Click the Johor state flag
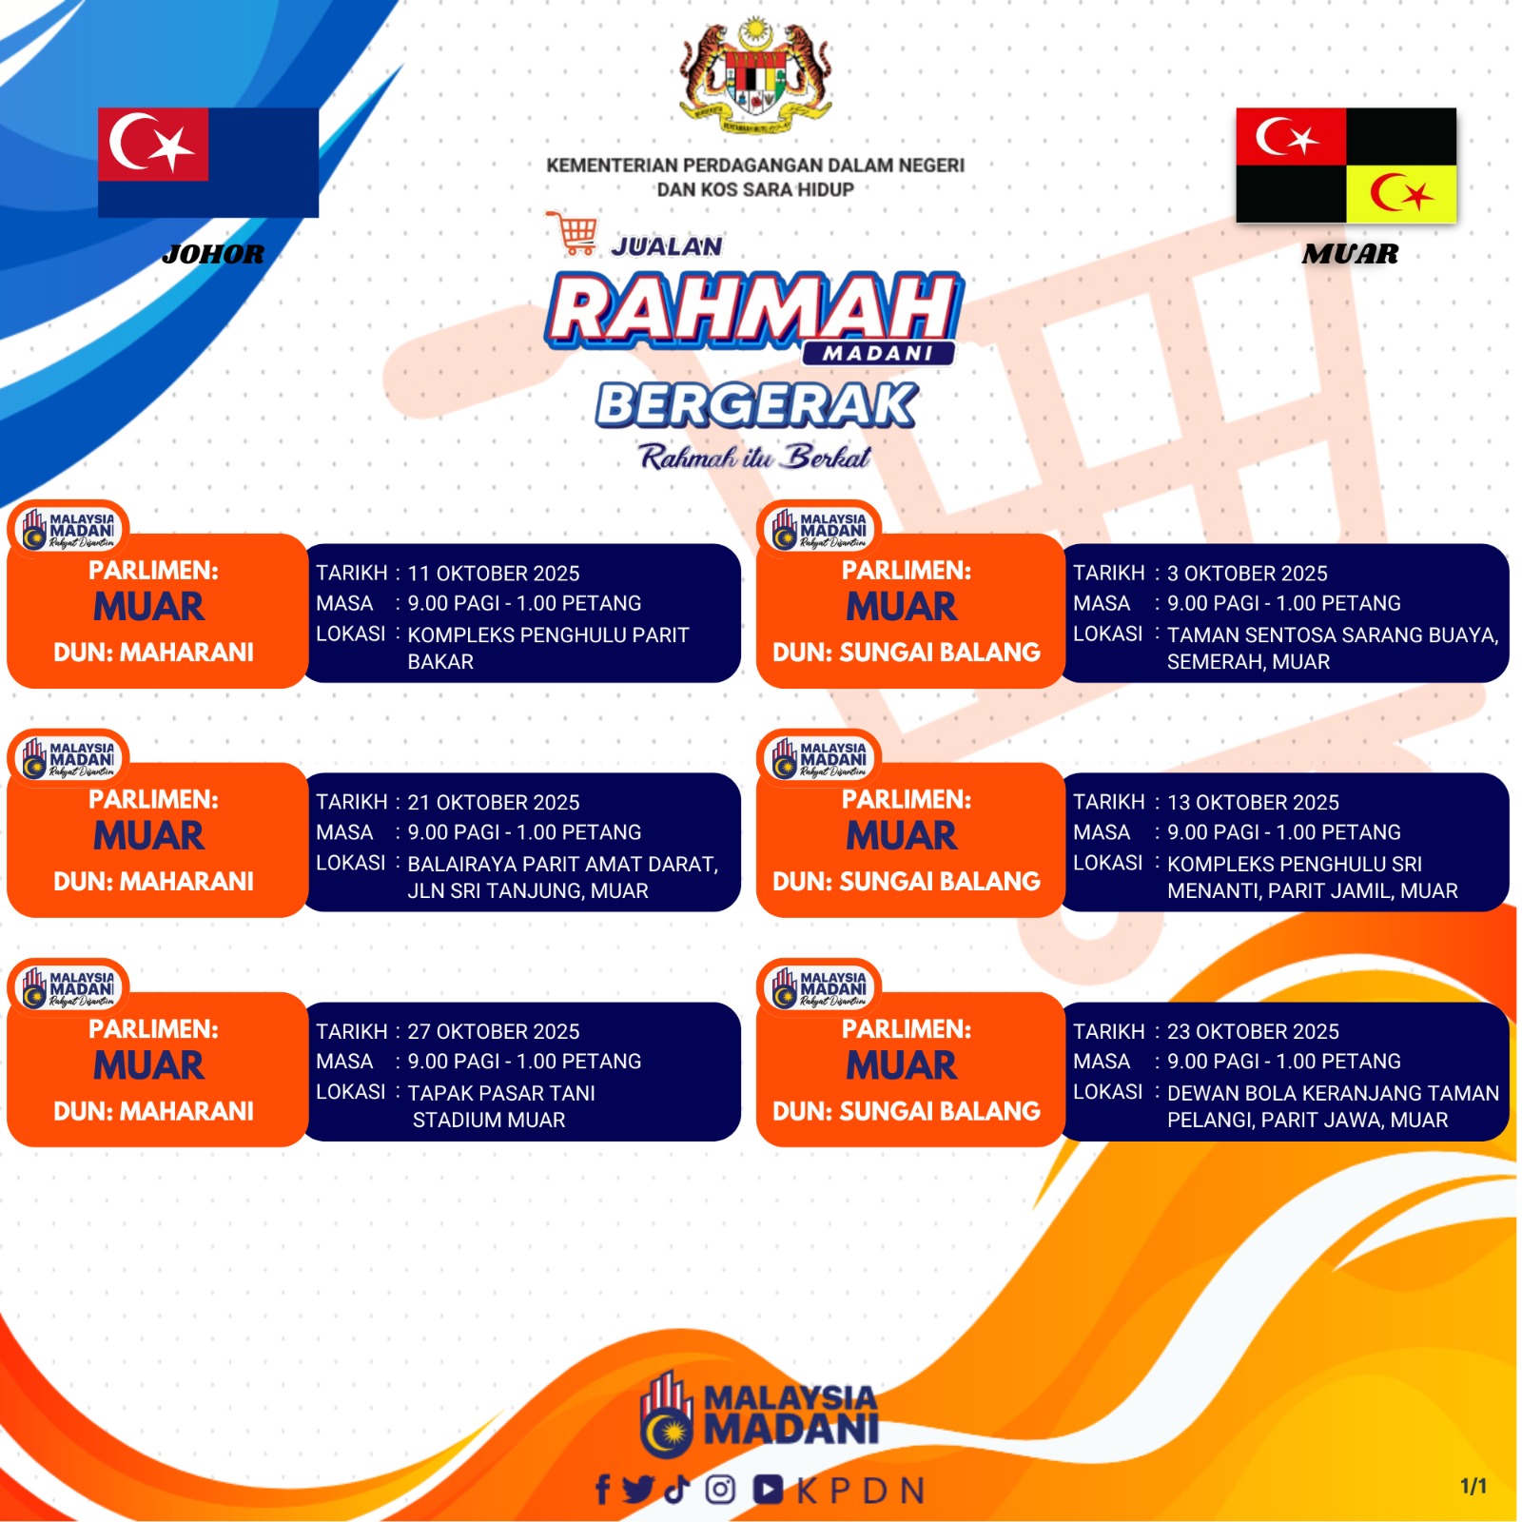coord(208,163)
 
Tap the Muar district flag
coord(1346,166)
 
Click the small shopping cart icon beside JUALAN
coord(573,234)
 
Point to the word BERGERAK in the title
coord(757,405)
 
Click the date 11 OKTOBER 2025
coord(494,574)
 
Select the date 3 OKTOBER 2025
coord(1247,574)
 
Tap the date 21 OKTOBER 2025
coord(494,803)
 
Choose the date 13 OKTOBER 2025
coord(1253,803)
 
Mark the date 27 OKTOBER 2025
coord(494,1032)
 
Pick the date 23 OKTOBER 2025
coord(1253,1032)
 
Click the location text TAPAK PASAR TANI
coord(501,1094)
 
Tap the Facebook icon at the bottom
coord(602,1490)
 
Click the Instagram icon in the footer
coord(720,1490)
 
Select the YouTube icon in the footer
coord(769,1490)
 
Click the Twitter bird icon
coord(639,1490)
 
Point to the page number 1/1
coord(1473,1486)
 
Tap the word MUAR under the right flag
coord(1351,254)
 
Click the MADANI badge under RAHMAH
coord(878,353)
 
